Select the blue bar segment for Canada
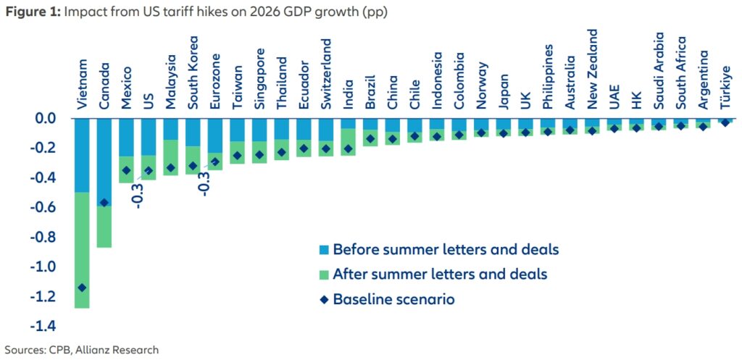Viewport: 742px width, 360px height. pos(104,162)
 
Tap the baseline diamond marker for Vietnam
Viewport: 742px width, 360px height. pos(82,288)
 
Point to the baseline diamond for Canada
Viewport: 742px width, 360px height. pos(104,203)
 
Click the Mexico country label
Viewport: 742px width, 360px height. pos(127,88)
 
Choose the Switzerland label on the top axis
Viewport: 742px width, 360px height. pos(327,79)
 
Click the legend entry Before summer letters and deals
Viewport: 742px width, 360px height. pos(446,250)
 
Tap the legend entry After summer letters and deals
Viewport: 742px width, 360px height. pos(440,275)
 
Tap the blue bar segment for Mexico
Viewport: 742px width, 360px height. pos(127,138)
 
